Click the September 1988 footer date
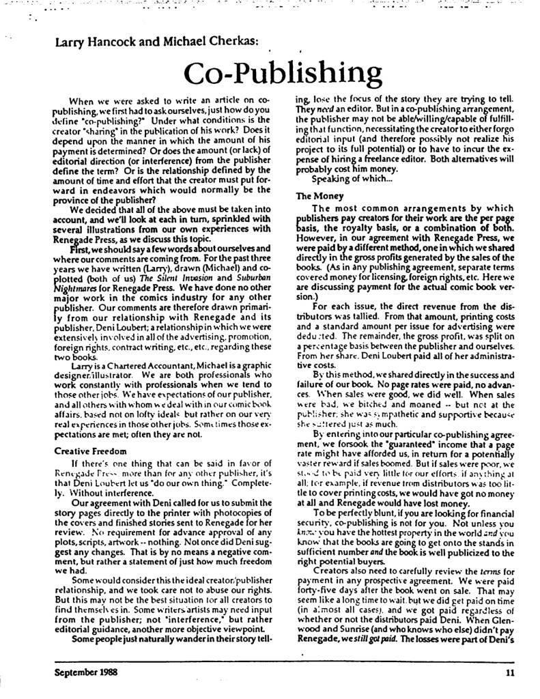pyautogui.click(x=86, y=671)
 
